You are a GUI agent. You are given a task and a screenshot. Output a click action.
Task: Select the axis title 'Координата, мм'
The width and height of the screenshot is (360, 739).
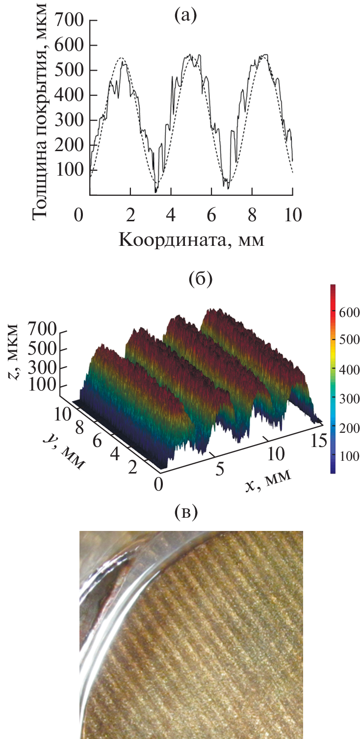pyautogui.click(x=191, y=240)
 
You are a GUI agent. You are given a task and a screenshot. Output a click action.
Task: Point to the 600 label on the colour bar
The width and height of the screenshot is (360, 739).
pyautogui.click(x=349, y=313)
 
